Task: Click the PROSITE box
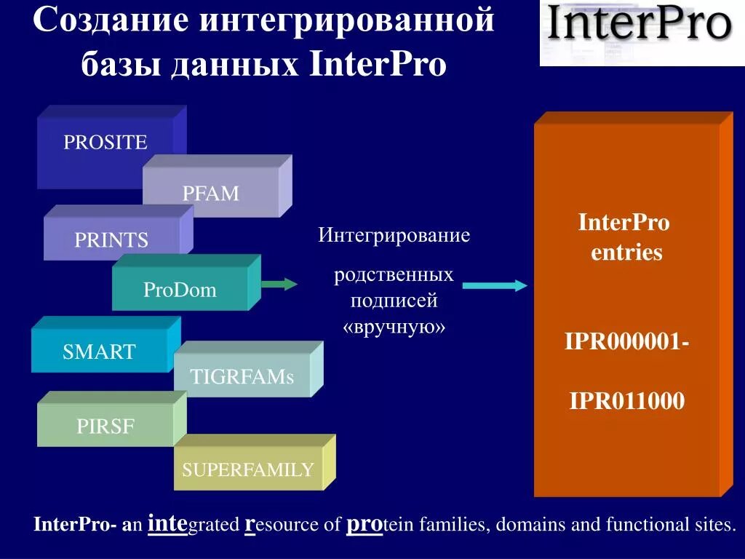point(105,143)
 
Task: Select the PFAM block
point(211,194)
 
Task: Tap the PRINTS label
point(111,240)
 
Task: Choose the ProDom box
point(180,290)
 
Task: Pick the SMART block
point(99,352)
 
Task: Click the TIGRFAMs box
point(242,377)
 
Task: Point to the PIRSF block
point(105,427)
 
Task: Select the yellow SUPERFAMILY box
point(248,469)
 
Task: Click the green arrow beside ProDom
point(279,284)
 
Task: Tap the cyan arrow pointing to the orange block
point(495,286)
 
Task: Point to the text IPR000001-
point(627,341)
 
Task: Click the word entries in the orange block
point(626,253)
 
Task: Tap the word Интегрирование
point(394,236)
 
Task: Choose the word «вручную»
point(394,327)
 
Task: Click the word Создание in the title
point(112,20)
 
